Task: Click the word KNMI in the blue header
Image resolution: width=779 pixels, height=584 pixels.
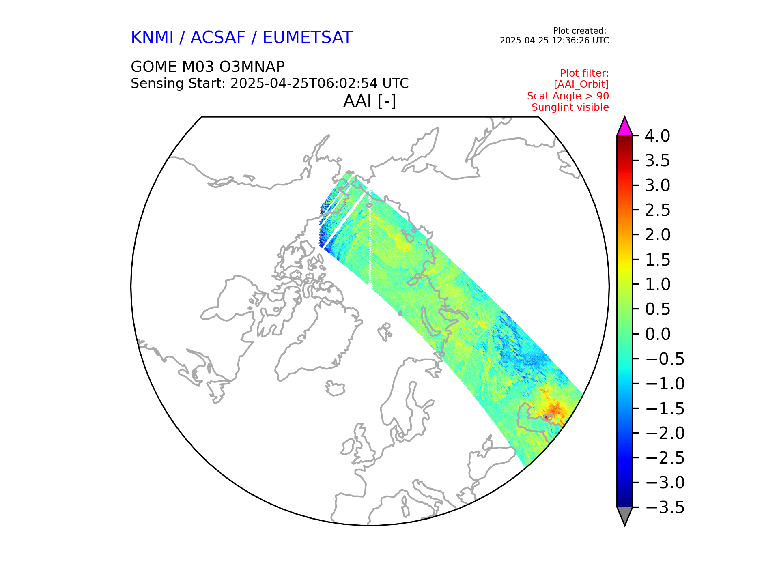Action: coord(152,38)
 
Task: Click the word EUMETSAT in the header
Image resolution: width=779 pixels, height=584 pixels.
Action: coord(307,38)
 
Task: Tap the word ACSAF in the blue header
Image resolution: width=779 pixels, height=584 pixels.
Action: coord(218,38)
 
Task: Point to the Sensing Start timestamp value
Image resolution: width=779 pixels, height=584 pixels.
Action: coord(319,84)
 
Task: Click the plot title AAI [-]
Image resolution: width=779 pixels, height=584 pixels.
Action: coord(369,101)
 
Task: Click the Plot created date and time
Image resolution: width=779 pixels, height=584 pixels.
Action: coord(554,41)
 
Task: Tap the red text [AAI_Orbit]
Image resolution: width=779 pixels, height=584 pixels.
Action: coord(581,84)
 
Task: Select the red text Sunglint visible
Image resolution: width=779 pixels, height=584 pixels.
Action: coord(570,107)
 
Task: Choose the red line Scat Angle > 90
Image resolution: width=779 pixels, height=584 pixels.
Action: coord(568,96)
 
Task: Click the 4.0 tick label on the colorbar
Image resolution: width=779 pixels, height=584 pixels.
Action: coord(657,136)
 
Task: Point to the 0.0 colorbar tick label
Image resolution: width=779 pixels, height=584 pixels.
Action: coord(657,334)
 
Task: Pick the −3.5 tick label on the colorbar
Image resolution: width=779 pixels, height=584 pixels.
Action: coord(665,507)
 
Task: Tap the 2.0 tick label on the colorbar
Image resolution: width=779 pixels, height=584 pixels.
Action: coord(657,235)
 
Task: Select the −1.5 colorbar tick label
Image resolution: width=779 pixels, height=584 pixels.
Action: coord(665,408)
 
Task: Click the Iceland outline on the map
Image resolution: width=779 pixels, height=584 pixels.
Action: coord(335,389)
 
